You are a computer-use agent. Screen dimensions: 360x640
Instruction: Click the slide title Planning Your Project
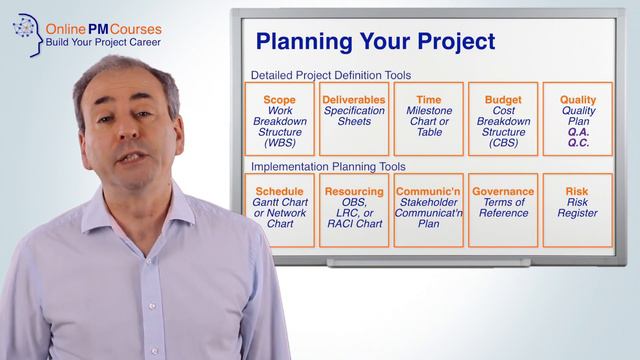click(375, 41)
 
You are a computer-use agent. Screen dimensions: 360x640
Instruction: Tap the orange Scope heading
click(279, 100)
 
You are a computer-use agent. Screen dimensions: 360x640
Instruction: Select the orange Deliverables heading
click(354, 100)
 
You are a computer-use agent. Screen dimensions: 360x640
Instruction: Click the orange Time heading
click(428, 100)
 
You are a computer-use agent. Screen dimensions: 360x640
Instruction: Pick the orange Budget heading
click(503, 100)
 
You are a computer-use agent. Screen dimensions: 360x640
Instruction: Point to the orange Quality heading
click(578, 100)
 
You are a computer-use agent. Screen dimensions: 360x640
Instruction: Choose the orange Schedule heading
click(279, 192)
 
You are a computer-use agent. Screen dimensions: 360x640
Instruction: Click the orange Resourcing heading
click(354, 192)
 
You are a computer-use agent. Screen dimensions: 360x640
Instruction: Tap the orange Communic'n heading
click(428, 192)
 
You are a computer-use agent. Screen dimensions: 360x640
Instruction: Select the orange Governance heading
click(503, 192)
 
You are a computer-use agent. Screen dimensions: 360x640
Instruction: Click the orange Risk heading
click(578, 192)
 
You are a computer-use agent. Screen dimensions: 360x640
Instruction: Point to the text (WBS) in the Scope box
click(279, 144)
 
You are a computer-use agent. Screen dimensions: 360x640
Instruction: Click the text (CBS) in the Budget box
click(503, 144)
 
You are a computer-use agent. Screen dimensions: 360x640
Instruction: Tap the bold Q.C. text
click(578, 143)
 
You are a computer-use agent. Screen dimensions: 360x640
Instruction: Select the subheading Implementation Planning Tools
click(328, 166)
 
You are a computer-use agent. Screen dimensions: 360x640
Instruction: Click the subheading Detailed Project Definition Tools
click(330, 75)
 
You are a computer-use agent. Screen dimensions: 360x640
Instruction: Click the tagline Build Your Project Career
click(103, 44)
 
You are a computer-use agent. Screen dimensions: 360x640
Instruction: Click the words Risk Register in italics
click(578, 208)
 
